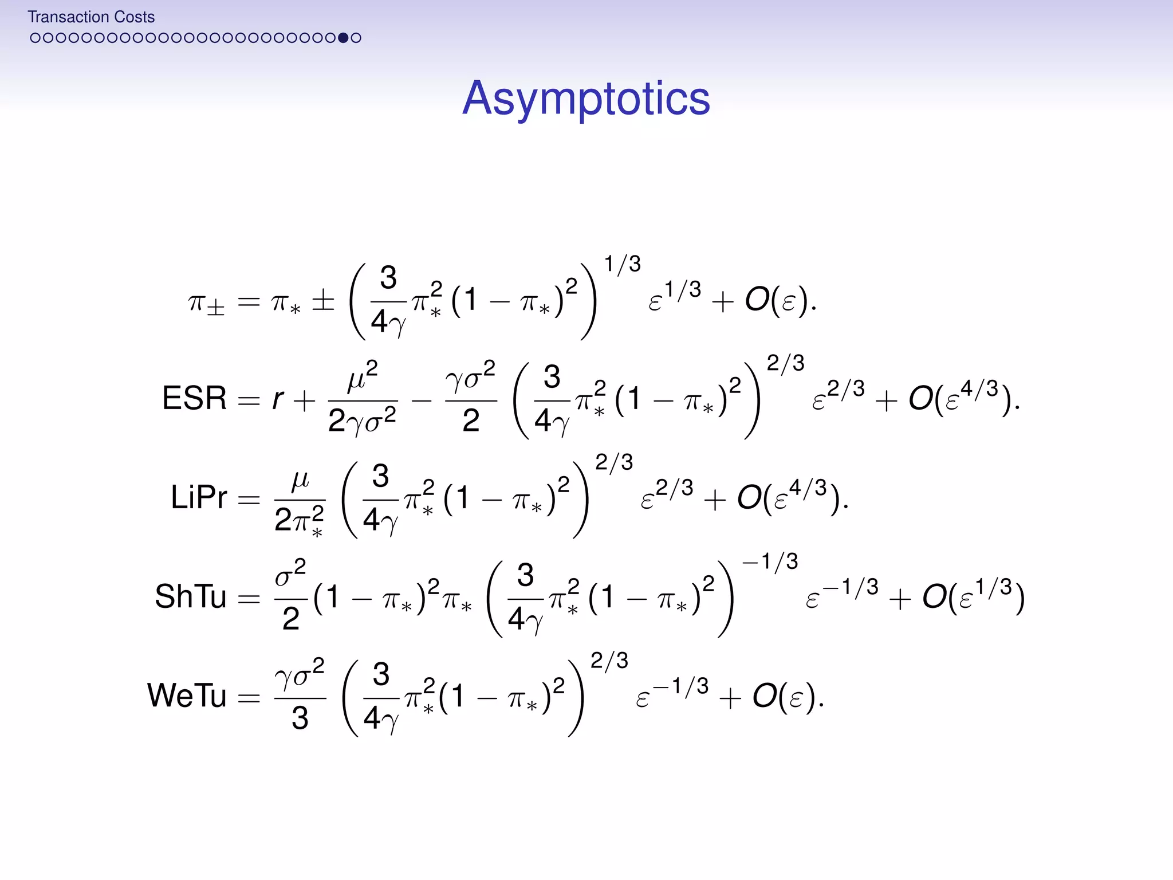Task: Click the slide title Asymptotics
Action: click(x=586, y=99)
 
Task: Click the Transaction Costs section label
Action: click(x=91, y=17)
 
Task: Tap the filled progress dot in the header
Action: click(x=343, y=38)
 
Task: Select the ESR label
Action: click(x=195, y=398)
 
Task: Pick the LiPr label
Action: click(x=199, y=497)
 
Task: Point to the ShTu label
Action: click(x=191, y=596)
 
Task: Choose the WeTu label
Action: click(x=187, y=696)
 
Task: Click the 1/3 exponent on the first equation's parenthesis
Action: click(x=623, y=264)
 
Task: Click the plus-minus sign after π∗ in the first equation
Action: click(x=323, y=300)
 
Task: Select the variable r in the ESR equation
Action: click(x=278, y=398)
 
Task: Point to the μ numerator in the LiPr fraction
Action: click(x=300, y=480)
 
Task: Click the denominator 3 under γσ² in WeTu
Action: click(x=300, y=718)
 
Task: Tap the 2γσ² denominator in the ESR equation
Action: click(x=362, y=421)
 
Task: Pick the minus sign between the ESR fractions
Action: click(x=422, y=400)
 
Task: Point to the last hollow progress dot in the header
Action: click(x=356, y=38)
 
